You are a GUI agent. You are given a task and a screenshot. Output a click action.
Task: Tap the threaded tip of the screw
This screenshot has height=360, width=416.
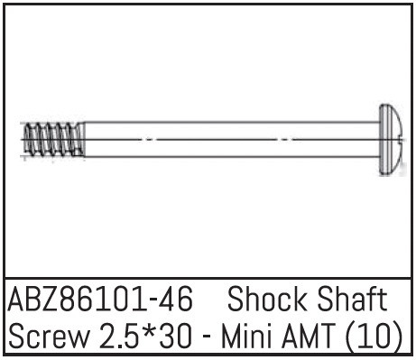[52, 140]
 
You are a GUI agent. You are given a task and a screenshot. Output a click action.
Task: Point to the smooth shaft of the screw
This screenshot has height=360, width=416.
[226, 140]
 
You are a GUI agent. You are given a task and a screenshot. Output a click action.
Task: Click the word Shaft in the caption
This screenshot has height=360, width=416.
[353, 300]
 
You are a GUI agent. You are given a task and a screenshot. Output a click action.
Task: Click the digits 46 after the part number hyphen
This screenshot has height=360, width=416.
[175, 300]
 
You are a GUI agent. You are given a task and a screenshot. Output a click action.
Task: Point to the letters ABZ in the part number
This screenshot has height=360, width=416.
[34, 300]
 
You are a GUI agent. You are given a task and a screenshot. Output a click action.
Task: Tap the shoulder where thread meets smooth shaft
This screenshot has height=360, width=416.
[85, 140]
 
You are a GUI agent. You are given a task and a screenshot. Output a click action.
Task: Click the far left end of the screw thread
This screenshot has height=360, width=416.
[22, 140]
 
